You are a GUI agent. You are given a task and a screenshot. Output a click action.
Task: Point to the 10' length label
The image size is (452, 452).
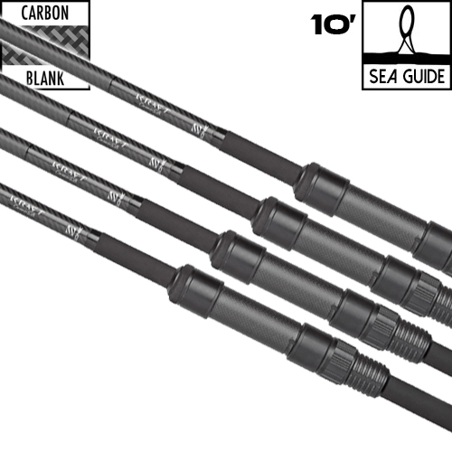click(x=330, y=24)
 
